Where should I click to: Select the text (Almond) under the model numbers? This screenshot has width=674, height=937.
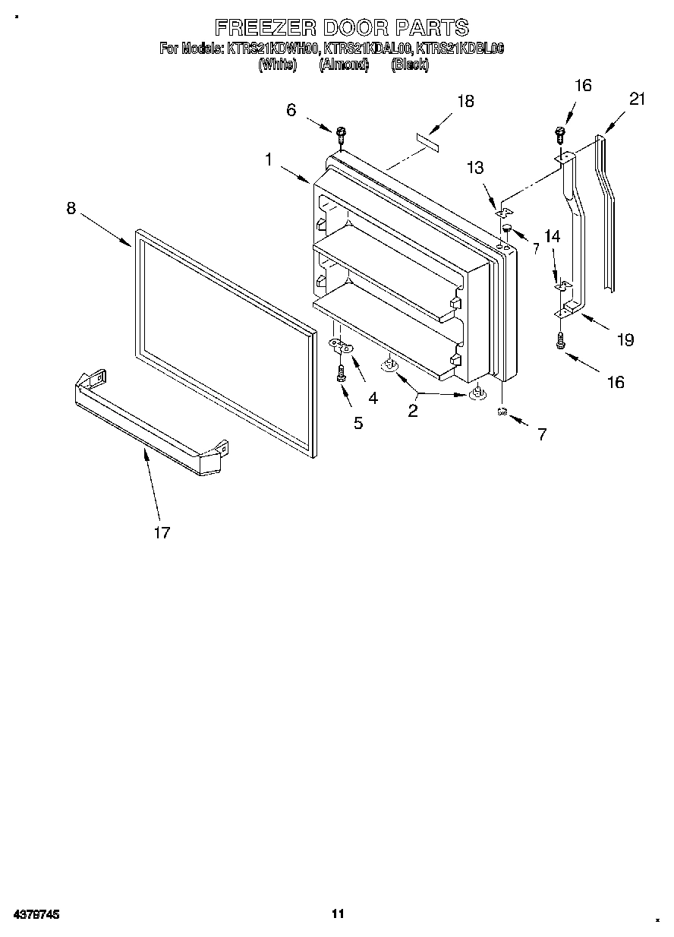(344, 65)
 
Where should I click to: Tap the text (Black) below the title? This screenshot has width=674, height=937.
(410, 65)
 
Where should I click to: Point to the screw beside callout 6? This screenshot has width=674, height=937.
(341, 135)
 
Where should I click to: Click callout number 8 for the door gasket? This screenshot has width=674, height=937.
(71, 208)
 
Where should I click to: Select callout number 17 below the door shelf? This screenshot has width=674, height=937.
(162, 532)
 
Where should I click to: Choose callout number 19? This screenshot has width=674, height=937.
(625, 339)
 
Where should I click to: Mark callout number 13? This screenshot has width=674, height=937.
(475, 169)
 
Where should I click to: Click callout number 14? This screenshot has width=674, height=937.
(552, 237)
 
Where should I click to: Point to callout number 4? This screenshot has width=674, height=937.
(373, 397)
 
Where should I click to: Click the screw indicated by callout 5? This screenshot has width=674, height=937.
(341, 374)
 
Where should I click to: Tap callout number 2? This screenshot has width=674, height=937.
(413, 411)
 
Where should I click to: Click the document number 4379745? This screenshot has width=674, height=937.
(36, 914)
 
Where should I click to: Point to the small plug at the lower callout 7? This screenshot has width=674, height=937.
(502, 412)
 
